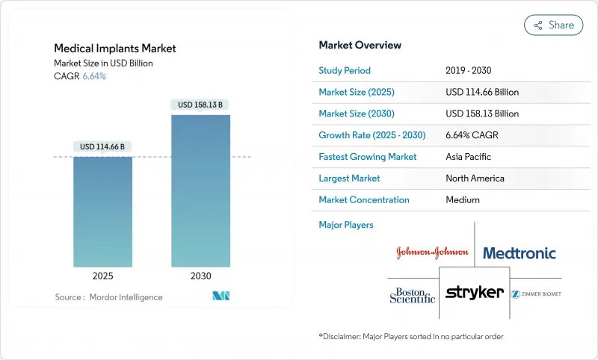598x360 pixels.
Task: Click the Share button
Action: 554,25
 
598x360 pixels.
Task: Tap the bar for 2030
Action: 200,190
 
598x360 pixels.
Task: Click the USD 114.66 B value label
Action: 102,146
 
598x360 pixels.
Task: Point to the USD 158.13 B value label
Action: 200,105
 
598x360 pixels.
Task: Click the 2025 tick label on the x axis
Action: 102,276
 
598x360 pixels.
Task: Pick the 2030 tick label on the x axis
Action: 200,276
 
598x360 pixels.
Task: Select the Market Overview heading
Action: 360,45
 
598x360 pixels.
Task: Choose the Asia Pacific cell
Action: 469,157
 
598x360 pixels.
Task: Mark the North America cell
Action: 475,179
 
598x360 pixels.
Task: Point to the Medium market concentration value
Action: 462,200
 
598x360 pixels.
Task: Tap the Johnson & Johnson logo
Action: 432,252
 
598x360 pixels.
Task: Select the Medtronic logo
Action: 520,253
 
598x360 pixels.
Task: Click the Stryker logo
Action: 475,292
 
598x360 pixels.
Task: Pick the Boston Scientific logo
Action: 412,294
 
